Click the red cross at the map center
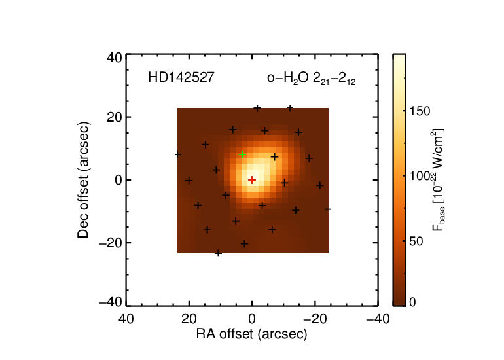(x=252, y=180)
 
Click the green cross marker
(x=242, y=154)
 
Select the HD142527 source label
(x=181, y=77)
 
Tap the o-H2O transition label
(x=311, y=79)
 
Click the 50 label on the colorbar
(x=416, y=242)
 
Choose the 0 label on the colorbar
(x=413, y=302)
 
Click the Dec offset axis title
(x=83, y=180)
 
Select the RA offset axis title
(x=252, y=334)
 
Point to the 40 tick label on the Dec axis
(x=115, y=58)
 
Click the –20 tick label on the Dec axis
(x=111, y=243)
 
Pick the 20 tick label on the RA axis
(x=189, y=319)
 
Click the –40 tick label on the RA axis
(x=378, y=319)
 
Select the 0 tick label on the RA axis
(x=252, y=319)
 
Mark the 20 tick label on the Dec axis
(x=115, y=117)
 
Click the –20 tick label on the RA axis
(x=315, y=319)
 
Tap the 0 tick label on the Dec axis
(x=118, y=180)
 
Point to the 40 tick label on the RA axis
(x=126, y=319)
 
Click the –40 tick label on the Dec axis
(x=111, y=302)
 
